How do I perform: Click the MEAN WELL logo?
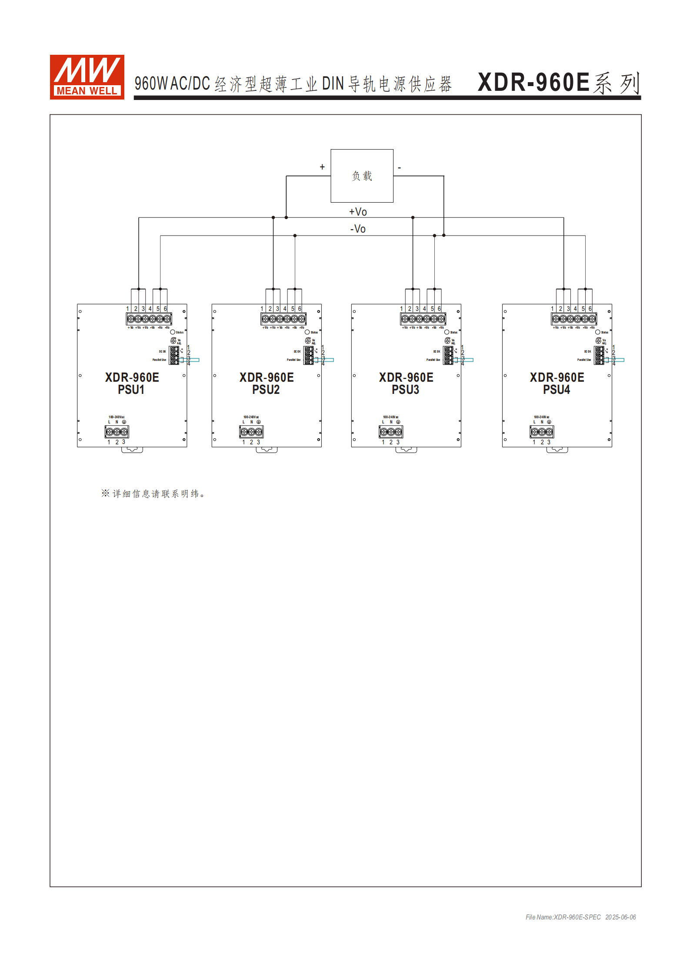click(x=87, y=77)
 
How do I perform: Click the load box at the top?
click(x=362, y=176)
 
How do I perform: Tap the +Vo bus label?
click(x=358, y=212)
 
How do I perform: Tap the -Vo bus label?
click(x=358, y=229)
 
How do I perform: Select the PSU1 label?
click(x=131, y=390)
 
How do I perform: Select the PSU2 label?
click(x=266, y=390)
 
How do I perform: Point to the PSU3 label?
click(x=405, y=390)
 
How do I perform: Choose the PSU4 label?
click(x=556, y=390)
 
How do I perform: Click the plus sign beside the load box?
click(x=322, y=167)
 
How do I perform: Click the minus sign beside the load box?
click(x=399, y=167)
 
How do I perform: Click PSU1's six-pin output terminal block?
click(x=149, y=319)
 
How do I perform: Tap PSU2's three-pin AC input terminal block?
click(x=251, y=432)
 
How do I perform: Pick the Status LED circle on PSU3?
click(x=447, y=332)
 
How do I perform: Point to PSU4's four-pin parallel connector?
click(x=600, y=355)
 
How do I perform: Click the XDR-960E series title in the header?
click(x=559, y=83)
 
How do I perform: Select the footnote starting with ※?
click(x=153, y=493)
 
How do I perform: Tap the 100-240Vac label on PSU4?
click(x=541, y=417)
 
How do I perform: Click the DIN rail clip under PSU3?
click(x=406, y=450)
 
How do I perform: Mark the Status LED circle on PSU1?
click(x=173, y=332)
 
